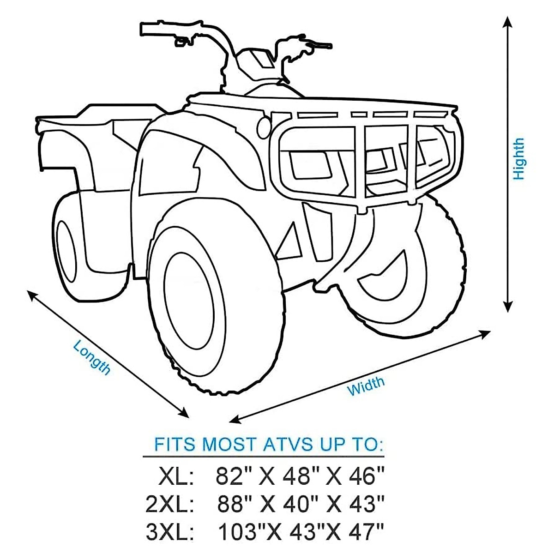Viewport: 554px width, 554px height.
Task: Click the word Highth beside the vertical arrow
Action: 519,159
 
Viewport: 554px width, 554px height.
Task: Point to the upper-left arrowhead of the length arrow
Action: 31,294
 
